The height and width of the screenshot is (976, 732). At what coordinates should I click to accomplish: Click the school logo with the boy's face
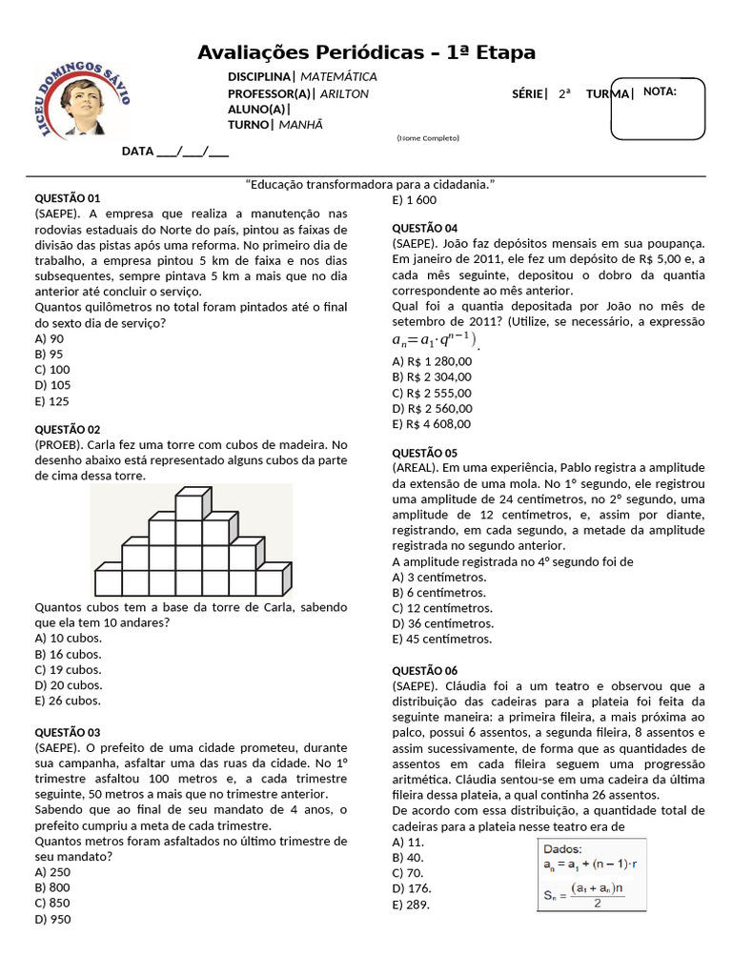(x=83, y=101)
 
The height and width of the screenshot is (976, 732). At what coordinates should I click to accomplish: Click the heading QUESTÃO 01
(x=67, y=197)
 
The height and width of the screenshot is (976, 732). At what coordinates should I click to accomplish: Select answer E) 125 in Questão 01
(x=52, y=400)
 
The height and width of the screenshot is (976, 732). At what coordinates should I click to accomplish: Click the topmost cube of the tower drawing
(x=192, y=501)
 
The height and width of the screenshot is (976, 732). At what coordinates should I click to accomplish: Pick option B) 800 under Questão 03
(x=52, y=887)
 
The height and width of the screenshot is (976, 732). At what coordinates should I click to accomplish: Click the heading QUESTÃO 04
(x=425, y=228)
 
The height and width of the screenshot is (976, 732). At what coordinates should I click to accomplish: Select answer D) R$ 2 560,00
(x=432, y=408)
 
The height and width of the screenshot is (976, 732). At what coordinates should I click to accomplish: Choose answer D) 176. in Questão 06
(x=408, y=889)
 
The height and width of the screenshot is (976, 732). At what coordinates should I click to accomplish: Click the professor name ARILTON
(x=344, y=93)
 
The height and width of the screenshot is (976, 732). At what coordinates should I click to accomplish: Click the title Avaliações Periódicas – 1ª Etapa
(x=366, y=52)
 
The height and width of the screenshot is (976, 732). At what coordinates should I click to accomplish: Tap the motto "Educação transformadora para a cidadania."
(x=370, y=184)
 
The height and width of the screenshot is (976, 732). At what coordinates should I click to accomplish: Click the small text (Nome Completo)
(x=428, y=139)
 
